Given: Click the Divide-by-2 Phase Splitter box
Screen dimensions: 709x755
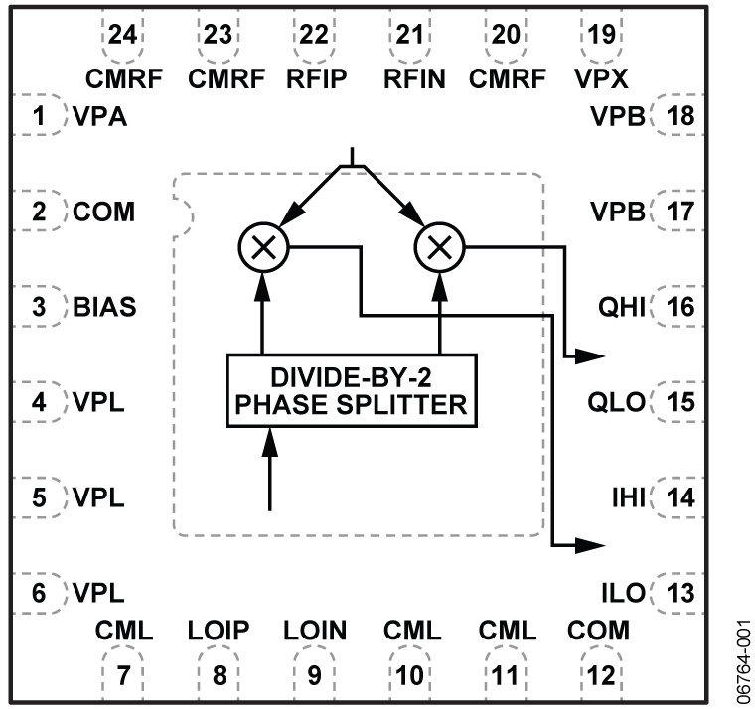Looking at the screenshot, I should (x=353, y=391).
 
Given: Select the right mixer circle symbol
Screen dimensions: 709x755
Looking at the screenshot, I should (x=439, y=248).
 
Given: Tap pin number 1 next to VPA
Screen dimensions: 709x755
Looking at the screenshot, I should (x=39, y=118).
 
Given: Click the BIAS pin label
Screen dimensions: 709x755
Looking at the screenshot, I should (x=104, y=307).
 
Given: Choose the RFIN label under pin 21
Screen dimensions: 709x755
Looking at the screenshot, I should (x=414, y=79).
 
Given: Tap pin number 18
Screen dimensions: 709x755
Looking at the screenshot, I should (x=680, y=118).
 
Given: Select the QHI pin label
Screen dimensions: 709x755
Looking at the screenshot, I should (x=623, y=307).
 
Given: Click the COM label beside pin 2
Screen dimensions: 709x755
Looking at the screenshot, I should (x=104, y=213).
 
